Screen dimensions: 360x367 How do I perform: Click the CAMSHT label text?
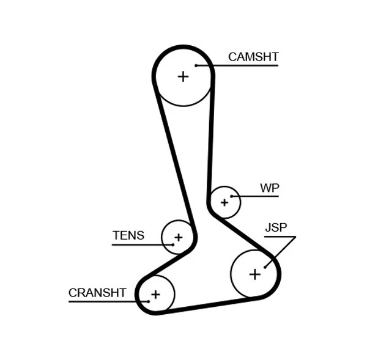click(x=253, y=57)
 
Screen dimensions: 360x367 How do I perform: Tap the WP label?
click(x=269, y=188)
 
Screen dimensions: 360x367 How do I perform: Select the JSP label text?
click(x=276, y=228)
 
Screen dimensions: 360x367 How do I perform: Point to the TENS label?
click(x=128, y=235)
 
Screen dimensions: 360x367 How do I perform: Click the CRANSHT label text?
click(x=97, y=293)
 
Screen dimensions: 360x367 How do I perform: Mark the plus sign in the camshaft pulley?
click(x=183, y=76)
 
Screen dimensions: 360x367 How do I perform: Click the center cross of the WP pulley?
click(x=224, y=202)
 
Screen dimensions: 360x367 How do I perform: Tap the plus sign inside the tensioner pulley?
click(x=178, y=237)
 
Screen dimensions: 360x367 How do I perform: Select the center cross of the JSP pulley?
click(x=254, y=274)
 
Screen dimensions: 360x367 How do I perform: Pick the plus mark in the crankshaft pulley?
click(x=155, y=295)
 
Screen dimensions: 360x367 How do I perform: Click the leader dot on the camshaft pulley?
click(x=196, y=65)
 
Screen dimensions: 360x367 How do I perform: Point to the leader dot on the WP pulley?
click(x=232, y=196)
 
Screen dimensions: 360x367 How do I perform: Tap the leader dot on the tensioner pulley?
click(x=172, y=244)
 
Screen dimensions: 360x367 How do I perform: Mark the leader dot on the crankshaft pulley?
click(x=148, y=301)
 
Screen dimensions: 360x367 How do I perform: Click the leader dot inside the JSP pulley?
click(x=265, y=266)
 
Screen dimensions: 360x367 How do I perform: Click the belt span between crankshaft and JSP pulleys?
click(x=208, y=305)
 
